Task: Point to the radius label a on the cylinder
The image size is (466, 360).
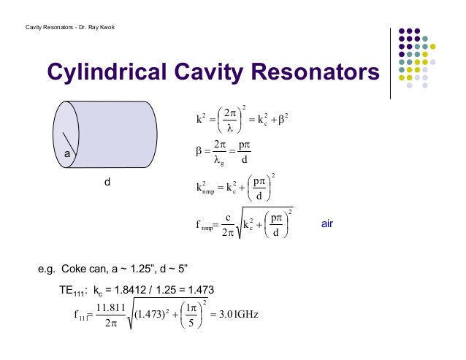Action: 65,155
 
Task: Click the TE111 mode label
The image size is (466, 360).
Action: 74,290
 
